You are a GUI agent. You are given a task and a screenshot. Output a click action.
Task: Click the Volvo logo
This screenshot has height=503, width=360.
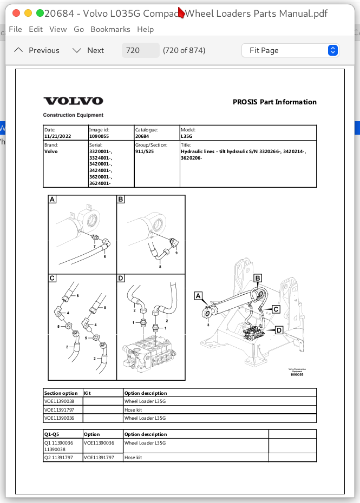pyautogui.click(x=73, y=101)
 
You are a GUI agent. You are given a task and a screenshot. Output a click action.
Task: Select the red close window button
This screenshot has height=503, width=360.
pyautogui.click(x=16, y=13)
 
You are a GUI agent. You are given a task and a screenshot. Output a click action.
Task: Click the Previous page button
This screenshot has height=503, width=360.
pyautogui.click(x=37, y=50)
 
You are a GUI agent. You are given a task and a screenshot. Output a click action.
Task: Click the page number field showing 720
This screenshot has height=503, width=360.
pyautogui.click(x=140, y=50)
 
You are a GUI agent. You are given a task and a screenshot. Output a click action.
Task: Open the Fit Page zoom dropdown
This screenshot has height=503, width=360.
pyautogui.click(x=290, y=50)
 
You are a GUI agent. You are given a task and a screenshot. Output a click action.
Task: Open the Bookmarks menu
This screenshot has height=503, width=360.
pyautogui.click(x=110, y=29)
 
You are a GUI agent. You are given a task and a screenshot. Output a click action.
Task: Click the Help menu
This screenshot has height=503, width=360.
pyautogui.click(x=145, y=29)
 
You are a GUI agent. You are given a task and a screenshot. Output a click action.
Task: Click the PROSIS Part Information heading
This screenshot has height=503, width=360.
pyautogui.click(x=274, y=102)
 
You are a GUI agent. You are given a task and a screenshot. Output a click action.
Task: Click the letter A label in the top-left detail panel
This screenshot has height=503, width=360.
pyautogui.click(x=53, y=200)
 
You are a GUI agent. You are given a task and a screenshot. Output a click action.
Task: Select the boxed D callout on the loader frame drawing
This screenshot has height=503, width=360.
pyautogui.click(x=279, y=330)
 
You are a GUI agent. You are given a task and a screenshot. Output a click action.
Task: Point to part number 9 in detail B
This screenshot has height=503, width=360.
pyautogui.click(x=176, y=253)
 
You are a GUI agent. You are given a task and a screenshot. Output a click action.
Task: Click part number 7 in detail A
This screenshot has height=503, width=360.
pyautogui.click(x=94, y=247)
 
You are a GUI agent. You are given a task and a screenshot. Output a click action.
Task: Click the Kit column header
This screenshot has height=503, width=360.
pyautogui.click(x=88, y=393)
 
